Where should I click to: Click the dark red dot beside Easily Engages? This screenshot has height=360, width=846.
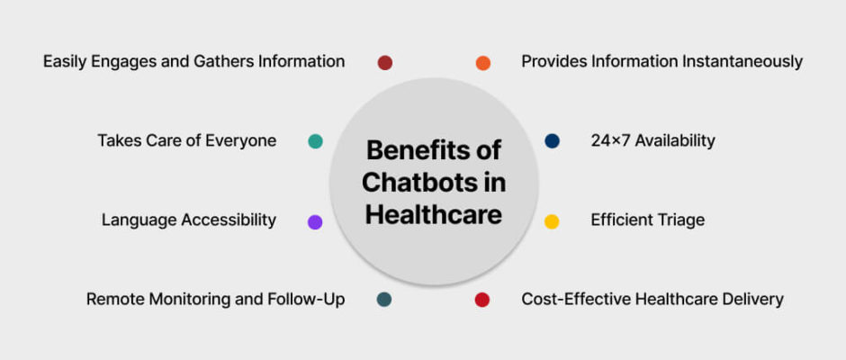point(384,63)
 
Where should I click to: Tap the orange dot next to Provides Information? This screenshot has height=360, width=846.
point(483,63)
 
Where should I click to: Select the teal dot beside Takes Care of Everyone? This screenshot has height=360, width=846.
point(315,141)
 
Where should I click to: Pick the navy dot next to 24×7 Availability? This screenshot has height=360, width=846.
point(552,141)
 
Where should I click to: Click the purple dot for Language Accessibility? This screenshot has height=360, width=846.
point(315,221)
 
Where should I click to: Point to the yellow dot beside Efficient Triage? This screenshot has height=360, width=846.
point(552,221)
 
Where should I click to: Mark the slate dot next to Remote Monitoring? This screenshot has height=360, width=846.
point(384,300)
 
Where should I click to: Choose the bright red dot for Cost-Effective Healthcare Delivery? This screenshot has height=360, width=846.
point(481,300)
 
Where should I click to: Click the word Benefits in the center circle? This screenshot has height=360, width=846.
point(412,149)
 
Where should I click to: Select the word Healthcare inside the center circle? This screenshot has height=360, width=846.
point(433,215)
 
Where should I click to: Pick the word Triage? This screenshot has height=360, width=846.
point(681,220)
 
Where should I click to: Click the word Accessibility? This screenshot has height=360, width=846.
point(229,220)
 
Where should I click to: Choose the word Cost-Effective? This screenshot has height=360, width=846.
point(566,299)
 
